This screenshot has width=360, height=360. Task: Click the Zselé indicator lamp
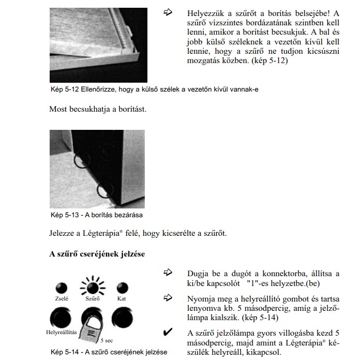pyautogui.click(x=62, y=287)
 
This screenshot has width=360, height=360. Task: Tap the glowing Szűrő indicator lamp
pyautogui.click(x=92, y=287)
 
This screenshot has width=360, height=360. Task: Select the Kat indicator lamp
pyautogui.click(x=122, y=288)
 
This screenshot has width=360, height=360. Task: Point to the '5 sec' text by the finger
pyautogui.click(x=107, y=341)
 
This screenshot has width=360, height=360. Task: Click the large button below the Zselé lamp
pyautogui.click(x=62, y=317)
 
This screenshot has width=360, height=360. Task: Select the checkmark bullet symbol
pyautogui.click(x=167, y=333)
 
